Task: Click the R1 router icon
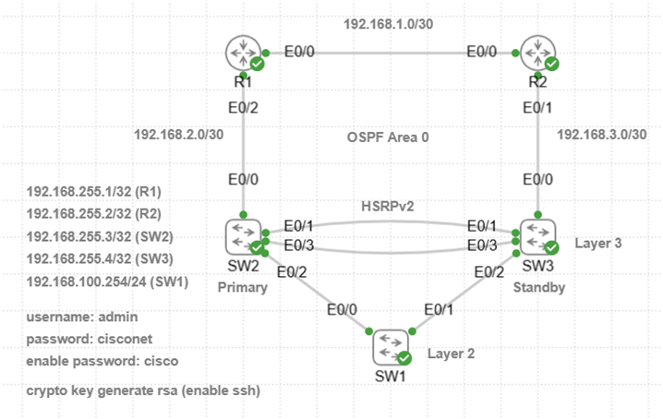coord(243,53)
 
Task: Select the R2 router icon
coord(537,53)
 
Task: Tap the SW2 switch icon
coord(243,237)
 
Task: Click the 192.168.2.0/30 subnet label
coord(179,136)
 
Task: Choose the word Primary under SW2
coord(242,286)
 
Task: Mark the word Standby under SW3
coord(538,286)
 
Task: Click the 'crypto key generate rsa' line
coord(144,391)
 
